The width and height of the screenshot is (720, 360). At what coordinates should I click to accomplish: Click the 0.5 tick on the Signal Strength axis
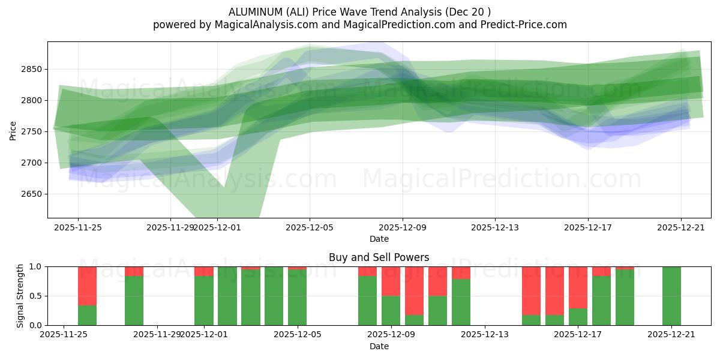pos(35,296)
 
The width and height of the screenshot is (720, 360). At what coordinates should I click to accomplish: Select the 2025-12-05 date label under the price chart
pos(310,227)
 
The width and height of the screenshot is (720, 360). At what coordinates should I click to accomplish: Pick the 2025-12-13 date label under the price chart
pos(495,227)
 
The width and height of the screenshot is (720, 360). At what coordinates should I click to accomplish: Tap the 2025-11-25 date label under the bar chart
pos(64,335)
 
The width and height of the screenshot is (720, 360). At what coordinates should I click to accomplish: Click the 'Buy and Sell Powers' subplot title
pos(379,257)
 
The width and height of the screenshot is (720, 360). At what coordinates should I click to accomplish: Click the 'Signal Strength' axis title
pos(20,296)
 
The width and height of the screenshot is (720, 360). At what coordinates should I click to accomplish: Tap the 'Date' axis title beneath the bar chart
pos(379,346)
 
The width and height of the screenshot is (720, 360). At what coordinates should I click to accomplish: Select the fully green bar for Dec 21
pos(671,296)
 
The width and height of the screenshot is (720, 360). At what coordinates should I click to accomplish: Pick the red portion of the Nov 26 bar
pos(88,286)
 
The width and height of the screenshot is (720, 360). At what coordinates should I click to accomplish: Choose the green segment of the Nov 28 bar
pos(134,301)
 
